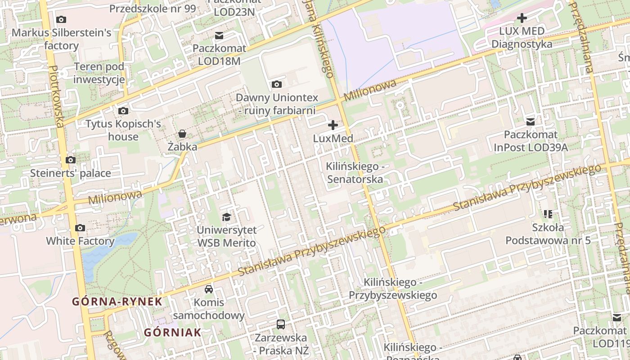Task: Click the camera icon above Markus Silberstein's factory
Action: tap(61, 19)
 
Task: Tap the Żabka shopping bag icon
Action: tap(182, 134)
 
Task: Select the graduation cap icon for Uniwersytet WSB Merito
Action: tap(226, 217)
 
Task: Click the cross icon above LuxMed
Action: tap(333, 125)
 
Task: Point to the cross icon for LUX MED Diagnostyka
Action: tap(522, 18)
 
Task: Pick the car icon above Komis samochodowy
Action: tap(209, 289)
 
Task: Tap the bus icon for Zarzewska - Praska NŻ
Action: tap(281, 324)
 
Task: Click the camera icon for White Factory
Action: tap(80, 228)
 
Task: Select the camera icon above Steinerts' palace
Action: tap(70, 160)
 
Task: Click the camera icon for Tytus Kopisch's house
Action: tap(123, 111)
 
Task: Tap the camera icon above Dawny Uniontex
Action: tap(277, 84)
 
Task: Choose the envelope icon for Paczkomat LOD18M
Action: tap(219, 35)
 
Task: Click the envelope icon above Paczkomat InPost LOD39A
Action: tap(531, 121)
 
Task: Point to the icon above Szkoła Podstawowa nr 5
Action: tap(548, 214)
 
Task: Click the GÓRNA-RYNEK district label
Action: tap(117, 301)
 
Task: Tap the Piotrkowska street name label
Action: tap(57, 96)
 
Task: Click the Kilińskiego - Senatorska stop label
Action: tap(355, 173)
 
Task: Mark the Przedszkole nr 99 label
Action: tap(153, 9)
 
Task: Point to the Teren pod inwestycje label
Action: tap(99, 73)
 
